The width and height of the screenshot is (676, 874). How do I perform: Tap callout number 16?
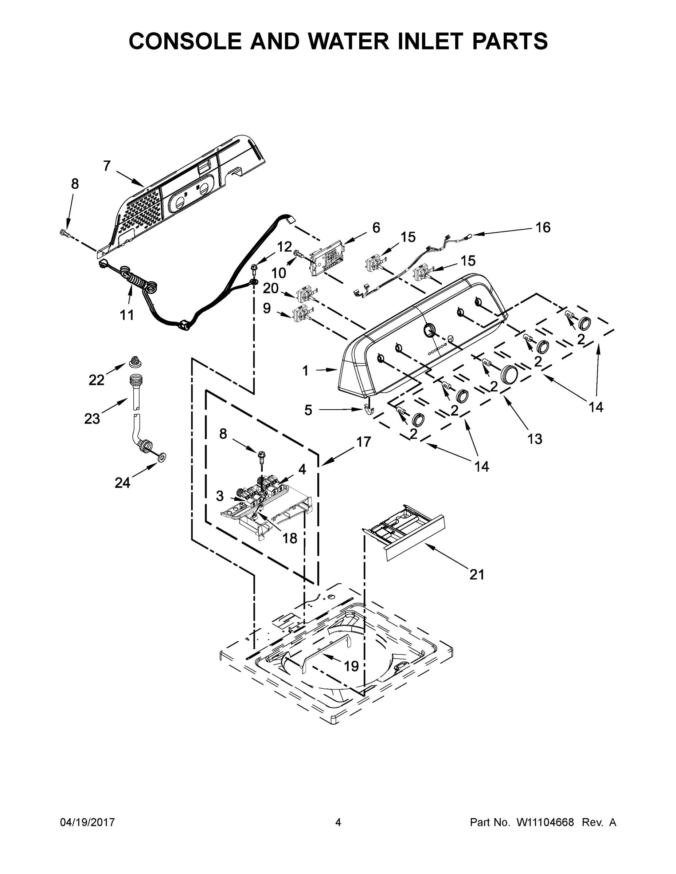coord(543,227)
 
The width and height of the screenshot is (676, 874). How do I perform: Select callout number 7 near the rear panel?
coord(106,166)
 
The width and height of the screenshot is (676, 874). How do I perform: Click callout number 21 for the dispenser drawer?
coord(477,575)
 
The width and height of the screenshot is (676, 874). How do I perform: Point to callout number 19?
coord(351,666)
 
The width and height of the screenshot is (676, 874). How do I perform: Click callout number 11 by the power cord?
coord(127,315)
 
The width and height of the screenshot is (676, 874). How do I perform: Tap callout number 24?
coord(122,483)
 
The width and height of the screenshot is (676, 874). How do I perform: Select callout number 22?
coord(96,380)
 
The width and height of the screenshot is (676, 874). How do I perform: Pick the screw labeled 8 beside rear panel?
coord(65,232)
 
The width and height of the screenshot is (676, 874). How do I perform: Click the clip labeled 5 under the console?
coord(368,409)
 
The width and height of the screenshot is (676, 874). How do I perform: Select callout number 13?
coord(535,439)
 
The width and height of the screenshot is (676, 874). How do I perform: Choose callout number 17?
coord(363,442)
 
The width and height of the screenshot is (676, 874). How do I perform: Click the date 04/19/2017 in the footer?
coord(87,822)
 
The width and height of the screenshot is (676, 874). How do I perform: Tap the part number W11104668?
coord(545,822)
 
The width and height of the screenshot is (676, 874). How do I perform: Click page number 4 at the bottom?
coord(338,822)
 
